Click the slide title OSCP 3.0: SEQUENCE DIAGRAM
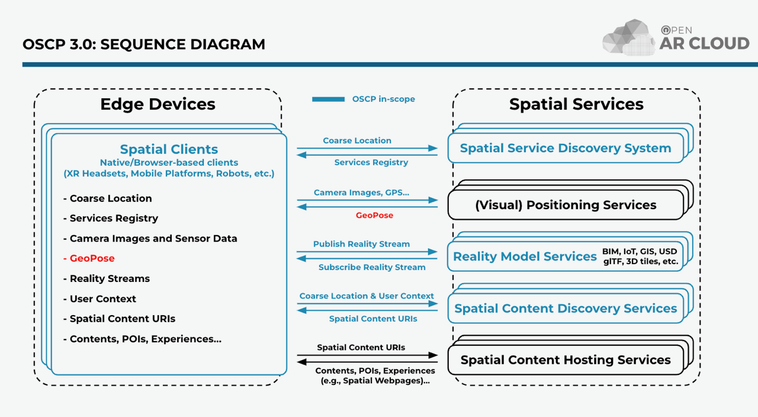pyautogui.click(x=144, y=44)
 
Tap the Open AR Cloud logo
pyautogui.click(x=675, y=38)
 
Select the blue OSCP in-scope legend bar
pyautogui.click(x=328, y=100)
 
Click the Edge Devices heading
pyautogui.click(x=158, y=104)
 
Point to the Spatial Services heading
pyautogui.click(x=576, y=104)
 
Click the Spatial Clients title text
pyautogui.click(x=169, y=149)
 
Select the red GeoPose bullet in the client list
pyautogui.click(x=91, y=258)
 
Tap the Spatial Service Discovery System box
pyautogui.click(x=565, y=148)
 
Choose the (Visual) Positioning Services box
pyautogui.click(x=565, y=205)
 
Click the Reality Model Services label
pyautogui.click(x=525, y=256)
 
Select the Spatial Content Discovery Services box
pyautogui.click(x=565, y=309)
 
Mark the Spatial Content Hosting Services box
pyautogui.click(x=565, y=360)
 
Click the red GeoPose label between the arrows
pyautogui.click(x=374, y=216)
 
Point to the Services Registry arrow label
pyautogui.click(x=371, y=162)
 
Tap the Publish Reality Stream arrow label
pyautogui.click(x=361, y=244)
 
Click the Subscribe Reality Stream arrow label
pyautogui.click(x=372, y=267)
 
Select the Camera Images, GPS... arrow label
pyautogui.click(x=362, y=193)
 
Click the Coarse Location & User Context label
pyautogui.click(x=367, y=296)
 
